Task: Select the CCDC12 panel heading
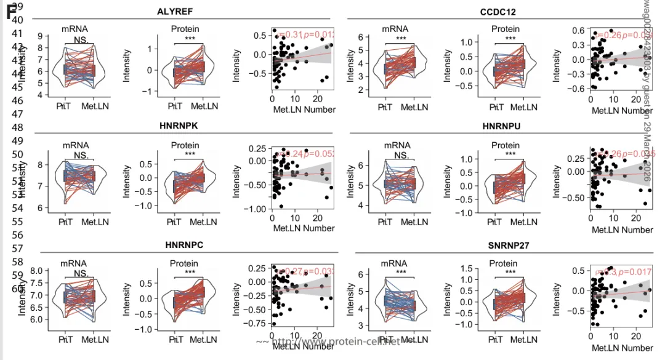[498, 12]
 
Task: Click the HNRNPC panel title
[184, 245]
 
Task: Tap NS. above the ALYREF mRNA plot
[81, 40]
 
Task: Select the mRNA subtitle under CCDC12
[394, 28]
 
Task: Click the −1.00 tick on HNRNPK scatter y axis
[254, 209]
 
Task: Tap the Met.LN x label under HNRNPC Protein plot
[203, 339]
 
